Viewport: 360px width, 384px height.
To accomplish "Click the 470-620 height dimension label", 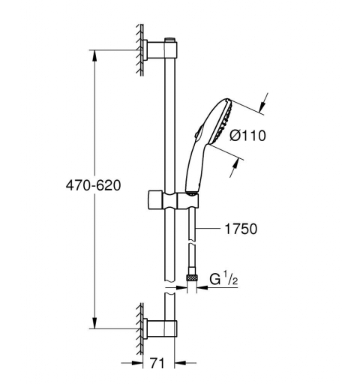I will click(91, 184).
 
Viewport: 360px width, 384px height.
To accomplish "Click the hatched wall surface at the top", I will click(139, 49).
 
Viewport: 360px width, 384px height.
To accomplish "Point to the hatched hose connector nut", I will click(193, 281).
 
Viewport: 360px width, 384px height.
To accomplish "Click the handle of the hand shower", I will click(189, 169).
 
